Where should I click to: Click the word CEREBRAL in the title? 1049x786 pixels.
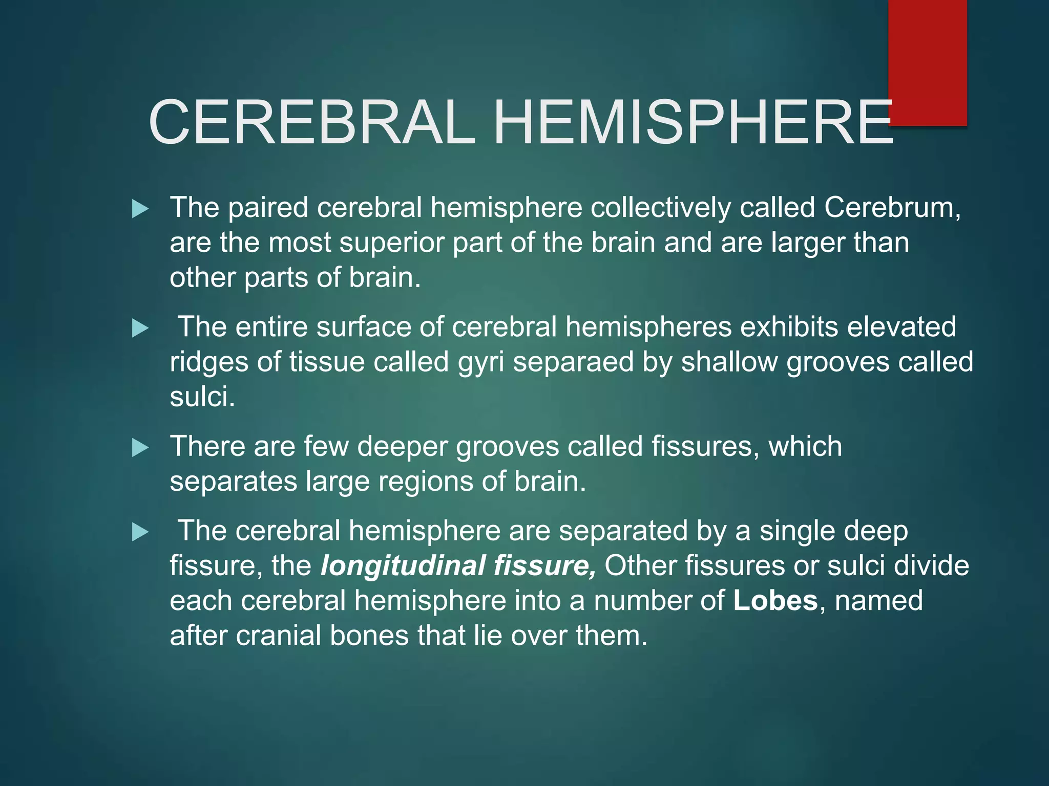(312, 123)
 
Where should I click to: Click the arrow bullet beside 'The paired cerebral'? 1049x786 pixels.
(140, 209)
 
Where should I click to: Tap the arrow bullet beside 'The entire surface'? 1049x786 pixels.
(140, 328)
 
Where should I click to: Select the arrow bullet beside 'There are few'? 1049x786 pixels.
(140, 448)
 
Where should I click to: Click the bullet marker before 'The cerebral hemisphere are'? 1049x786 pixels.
(140, 532)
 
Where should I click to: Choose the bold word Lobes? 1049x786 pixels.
(775, 601)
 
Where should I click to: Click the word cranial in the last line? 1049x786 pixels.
(278, 636)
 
